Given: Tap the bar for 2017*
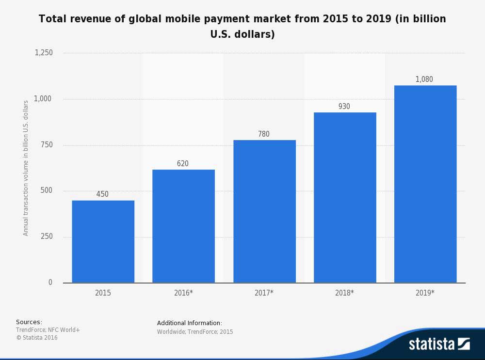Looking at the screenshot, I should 264,211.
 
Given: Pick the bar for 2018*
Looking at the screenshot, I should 345,197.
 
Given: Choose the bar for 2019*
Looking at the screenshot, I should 425,184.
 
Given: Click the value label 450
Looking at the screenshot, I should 102,194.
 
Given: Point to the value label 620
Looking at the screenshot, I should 183,164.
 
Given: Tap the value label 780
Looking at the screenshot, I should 264,134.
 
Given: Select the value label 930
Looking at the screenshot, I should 344,107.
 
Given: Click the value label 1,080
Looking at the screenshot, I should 424,79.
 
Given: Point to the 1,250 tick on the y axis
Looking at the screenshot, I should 44,53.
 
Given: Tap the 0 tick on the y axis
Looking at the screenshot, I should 50,282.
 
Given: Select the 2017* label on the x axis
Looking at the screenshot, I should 264,293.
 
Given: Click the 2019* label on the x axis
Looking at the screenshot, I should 425,293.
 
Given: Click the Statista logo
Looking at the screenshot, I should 439,344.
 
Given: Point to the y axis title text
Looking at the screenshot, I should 26,168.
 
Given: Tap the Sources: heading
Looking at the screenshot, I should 29,322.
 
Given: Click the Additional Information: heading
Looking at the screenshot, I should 190,323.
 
